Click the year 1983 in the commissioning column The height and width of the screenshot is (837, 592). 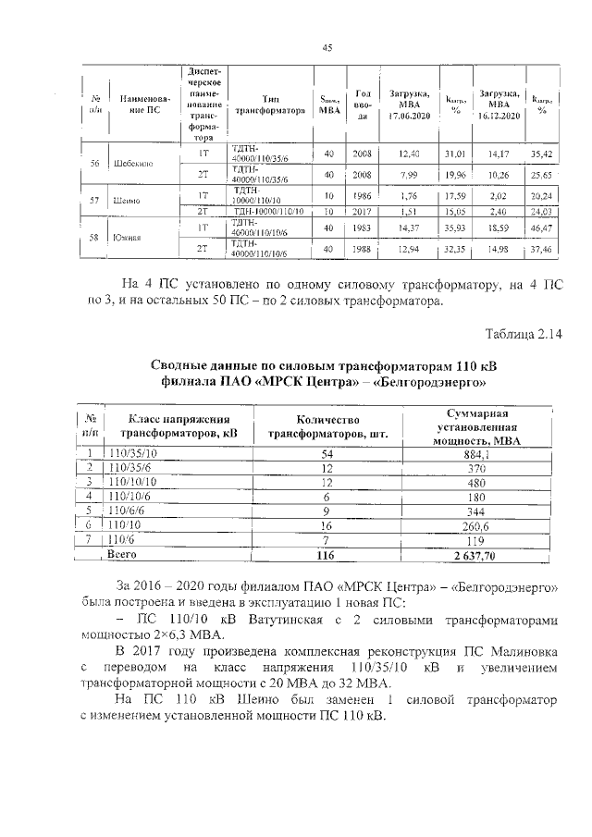click(x=363, y=227)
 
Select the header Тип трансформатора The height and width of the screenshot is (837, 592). click(x=270, y=103)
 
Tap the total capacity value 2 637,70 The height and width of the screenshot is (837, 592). click(x=477, y=556)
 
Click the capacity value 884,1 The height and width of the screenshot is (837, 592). click(x=477, y=454)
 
